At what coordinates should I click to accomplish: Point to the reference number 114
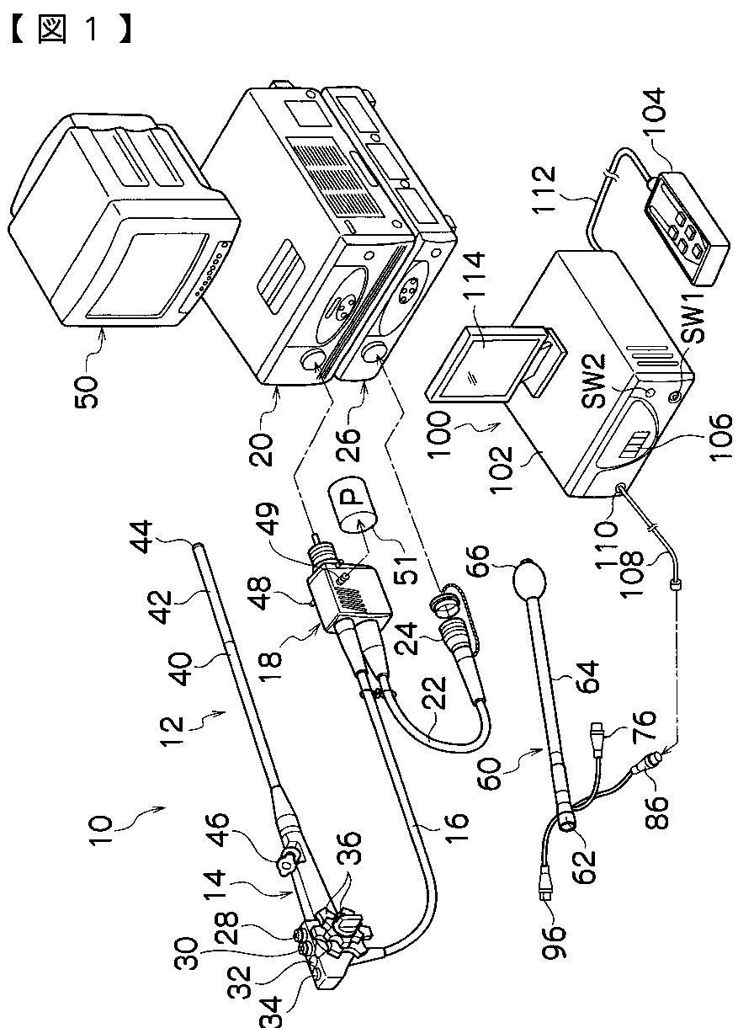click(x=472, y=280)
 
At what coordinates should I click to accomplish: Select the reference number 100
click(x=440, y=434)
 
